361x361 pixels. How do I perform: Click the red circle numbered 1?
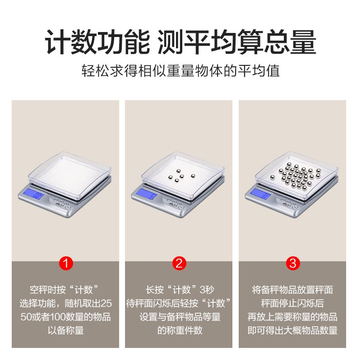tap(66, 264)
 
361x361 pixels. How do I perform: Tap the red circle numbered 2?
tap(179, 264)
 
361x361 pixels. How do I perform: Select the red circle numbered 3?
tap(293, 264)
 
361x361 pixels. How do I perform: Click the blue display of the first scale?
tap(34, 194)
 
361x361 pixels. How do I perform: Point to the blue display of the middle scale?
tap(146, 194)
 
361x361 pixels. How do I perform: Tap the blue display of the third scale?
tap(260, 194)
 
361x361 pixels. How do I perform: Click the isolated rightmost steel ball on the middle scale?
tap(193, 176)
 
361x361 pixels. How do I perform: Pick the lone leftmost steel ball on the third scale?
tap(273, 177)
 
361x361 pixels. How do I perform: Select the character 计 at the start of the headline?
tap(58, 42)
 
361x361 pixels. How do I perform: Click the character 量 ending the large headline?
tap(303, 42)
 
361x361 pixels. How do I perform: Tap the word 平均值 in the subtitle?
tap(259, 71)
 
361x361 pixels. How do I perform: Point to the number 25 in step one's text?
tap(106, 303)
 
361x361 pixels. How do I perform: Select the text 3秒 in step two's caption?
tap(207, 290)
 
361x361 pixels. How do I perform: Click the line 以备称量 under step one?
tap(66, 330)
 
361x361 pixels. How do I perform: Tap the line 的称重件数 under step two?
tap(180, 330)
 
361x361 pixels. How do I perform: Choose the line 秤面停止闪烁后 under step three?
tap(292, 303)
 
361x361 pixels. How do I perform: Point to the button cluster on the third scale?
tap(288, 204)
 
